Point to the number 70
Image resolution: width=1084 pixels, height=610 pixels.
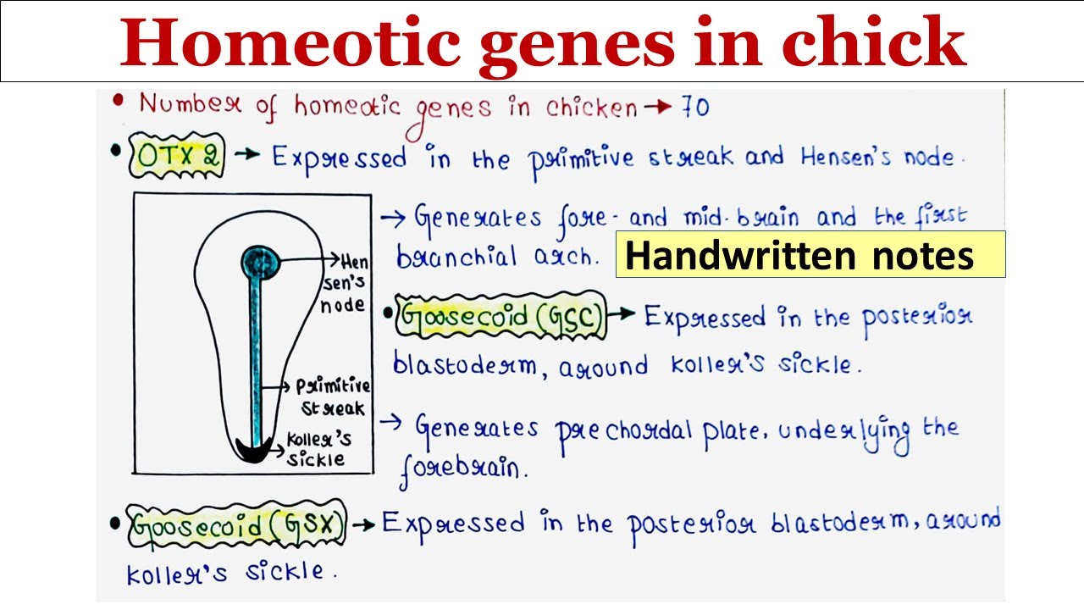pos(694,107)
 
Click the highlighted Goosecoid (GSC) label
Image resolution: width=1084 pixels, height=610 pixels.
pos(501,318)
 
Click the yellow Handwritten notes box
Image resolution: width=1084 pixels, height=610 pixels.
pos(810,254)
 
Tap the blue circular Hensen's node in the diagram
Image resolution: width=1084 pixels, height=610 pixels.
pos(262,262)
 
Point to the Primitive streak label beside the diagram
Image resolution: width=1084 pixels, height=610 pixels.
pos(332,396)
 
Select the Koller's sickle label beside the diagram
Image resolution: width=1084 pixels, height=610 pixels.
pos(318,449)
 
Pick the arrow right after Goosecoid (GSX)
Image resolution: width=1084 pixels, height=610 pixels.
pos(363,525)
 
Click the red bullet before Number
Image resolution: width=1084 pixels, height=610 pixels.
pos(119,102)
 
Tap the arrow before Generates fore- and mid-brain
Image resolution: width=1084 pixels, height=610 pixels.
pos(393,219)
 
